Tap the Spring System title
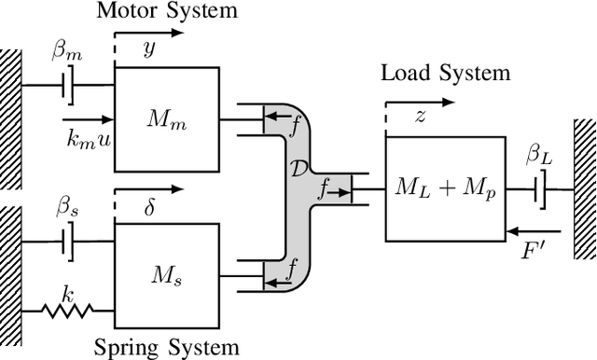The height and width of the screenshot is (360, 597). pyautogui.click(x=166, y=348)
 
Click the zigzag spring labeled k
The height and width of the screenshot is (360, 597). pyautogui.click(x=65, y=309)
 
